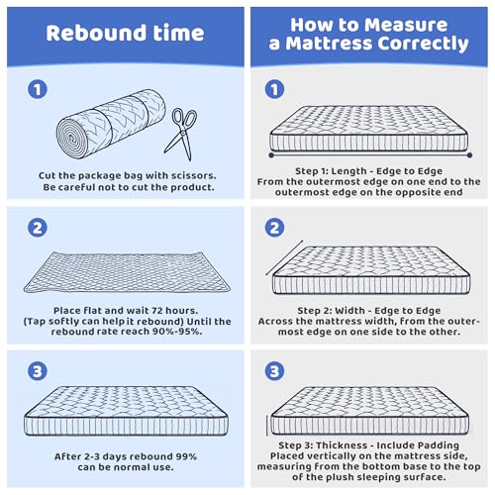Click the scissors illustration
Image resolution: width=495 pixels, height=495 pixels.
coord(181,134)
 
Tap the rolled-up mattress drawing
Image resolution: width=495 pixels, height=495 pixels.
coord(111,124)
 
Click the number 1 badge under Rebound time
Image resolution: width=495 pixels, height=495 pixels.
coord(38,89)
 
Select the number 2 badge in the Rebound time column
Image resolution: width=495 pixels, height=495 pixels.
coord(38,228)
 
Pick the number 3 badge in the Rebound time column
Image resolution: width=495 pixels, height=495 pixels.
coord(38,371)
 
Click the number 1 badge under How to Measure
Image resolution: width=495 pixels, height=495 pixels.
coord(274,89)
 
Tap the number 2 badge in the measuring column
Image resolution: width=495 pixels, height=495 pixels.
coord(274,228)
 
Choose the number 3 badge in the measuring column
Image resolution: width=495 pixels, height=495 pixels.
coord(274,371)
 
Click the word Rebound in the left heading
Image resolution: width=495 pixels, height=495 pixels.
coord(96,33)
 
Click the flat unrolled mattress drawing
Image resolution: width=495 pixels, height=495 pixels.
coord(127,272)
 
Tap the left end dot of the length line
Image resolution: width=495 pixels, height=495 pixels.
coord(271,155)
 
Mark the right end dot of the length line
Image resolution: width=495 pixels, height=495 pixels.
coord(469,155)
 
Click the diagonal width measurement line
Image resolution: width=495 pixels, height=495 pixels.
coord(284,257)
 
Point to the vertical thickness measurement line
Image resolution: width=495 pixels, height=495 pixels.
coord(267,426)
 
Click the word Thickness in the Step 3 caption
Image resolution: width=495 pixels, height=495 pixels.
coord(342,445)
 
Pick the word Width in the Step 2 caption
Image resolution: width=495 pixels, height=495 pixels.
coord(349,311)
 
